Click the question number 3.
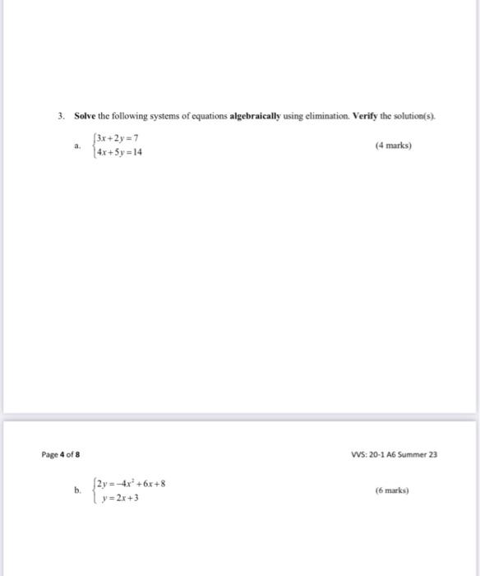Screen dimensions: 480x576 [x=62, y=117]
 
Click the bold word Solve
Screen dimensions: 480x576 [x=85, y=117]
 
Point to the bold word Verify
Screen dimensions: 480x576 [x=367, y=117]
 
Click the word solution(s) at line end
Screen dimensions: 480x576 [x=414, y=117]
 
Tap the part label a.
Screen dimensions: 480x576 [x=76, y=145]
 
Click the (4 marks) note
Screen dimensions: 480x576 [x=392, y=146]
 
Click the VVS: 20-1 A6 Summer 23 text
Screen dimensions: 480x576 [x=391, y=453]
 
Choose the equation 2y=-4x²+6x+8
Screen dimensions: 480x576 [x=132, y=483]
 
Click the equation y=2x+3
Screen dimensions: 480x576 [x=120, y=498]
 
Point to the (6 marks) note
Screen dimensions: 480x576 [x=392, y=490]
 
